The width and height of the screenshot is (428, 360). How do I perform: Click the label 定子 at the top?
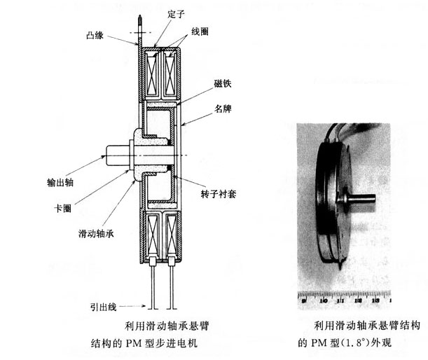coord(156,11)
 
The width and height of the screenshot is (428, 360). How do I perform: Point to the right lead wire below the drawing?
coord(170,287)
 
